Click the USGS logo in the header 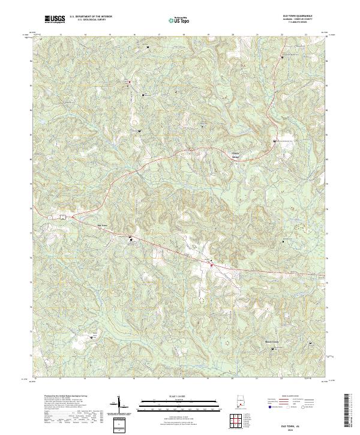[x=55, y=20]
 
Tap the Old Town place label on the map [x=102, y=226]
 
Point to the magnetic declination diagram [x=118, y=405]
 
